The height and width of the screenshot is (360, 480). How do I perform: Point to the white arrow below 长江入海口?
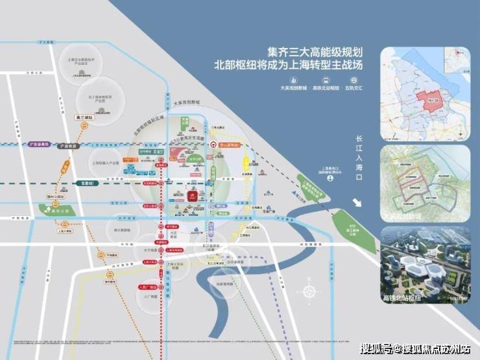[x=357, y=202]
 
